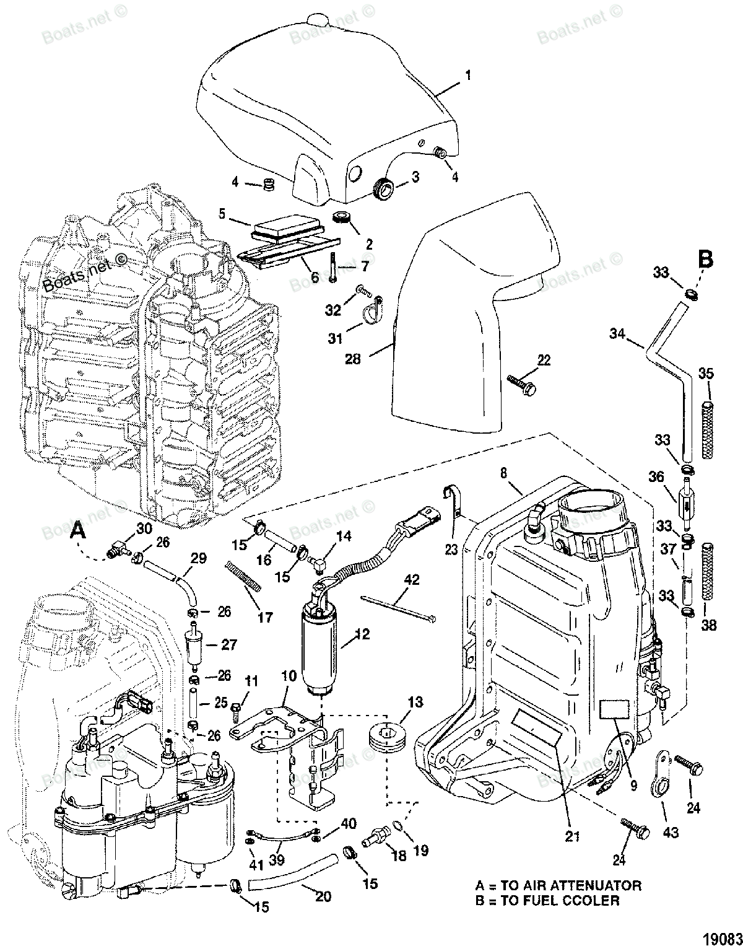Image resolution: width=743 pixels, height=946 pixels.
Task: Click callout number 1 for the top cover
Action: point(468,76)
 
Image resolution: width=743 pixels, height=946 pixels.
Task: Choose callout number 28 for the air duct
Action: point(352,359)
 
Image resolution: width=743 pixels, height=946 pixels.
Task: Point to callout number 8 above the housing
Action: point(503,473)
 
